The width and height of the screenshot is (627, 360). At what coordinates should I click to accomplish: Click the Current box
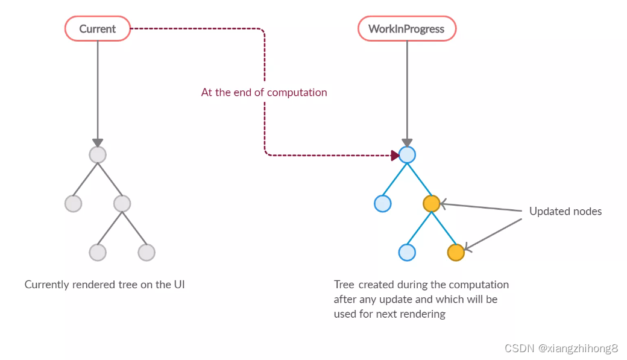[x=98, y=29]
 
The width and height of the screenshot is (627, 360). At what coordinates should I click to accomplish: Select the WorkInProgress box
[x=406, y=29]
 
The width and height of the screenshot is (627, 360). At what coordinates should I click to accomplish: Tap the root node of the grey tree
[x=98, y=155]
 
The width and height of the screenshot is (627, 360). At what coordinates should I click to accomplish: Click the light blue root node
[x=407, y=155]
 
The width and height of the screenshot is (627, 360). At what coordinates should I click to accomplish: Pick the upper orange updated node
[x=431, y=204]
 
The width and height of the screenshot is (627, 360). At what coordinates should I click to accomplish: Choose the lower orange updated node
[x=456, y=252]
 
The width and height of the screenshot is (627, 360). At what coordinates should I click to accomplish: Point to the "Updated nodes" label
[x=565, y=211]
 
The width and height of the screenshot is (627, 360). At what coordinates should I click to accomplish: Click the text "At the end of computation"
[x=264, y=92]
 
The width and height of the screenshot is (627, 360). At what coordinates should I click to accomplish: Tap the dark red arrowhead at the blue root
[x=395, y=156]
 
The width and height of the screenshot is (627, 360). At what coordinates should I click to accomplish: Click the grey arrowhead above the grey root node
[x=98, y=142]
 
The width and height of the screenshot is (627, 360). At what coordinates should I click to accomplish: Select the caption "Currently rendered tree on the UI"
[x=104, y=285]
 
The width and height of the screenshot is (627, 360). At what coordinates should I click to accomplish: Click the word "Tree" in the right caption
[x=344, y=285]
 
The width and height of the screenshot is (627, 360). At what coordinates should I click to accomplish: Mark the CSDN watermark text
[x=561, y=349]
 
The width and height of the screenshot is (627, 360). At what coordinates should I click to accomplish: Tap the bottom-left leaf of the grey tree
[x=98, y=252]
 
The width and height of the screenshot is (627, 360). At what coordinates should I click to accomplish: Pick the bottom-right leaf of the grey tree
[x=147, y=252]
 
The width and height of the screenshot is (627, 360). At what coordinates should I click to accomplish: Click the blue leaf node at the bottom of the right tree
[x=407, y=252]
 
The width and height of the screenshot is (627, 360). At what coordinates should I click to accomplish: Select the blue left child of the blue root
[x=383, y=204]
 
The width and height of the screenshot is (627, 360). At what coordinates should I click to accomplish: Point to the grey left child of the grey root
[x=73, y=204]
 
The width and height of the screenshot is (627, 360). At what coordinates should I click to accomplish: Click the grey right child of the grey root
[x=122, y=204]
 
